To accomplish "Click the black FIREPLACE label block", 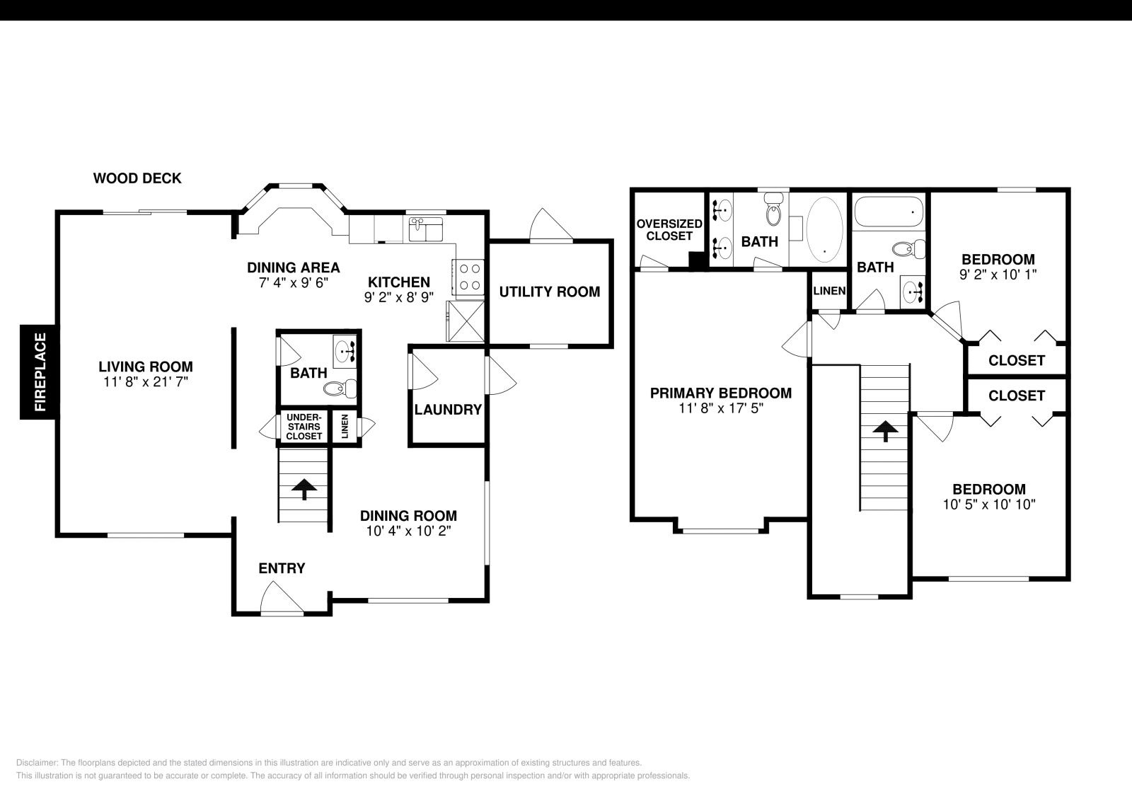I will pyautogui.click(x=39, y=371).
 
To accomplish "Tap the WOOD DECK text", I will pyautogui.click(x=137, y=178).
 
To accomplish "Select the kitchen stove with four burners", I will pyautogui.click(x=469, y=277).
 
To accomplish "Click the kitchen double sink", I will pyautogui.click(x=425, y=230).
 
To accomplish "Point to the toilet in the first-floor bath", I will pyautogui.click(x=340, y=388).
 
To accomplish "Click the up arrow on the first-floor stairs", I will pyautogui.click(x=304, y=488).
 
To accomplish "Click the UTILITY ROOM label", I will pyautogui.click(x=549, y=292).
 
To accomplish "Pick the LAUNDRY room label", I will pyautogui.click(x=448, y=410).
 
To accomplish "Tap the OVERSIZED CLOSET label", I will pyautogui.click(x=669, y=229).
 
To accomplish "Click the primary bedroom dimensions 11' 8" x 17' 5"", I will pyautogui.click(x=720, y=408).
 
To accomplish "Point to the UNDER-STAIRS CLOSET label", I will pyautogui.click(x=304, y=427).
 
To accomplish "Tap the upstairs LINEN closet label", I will pyautogui.click(x=828, y=291).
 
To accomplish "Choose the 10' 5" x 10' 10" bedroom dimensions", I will pyautogui.click(x=988, y=504).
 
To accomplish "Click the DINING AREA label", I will pyautogui.click(x=293, y=267).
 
